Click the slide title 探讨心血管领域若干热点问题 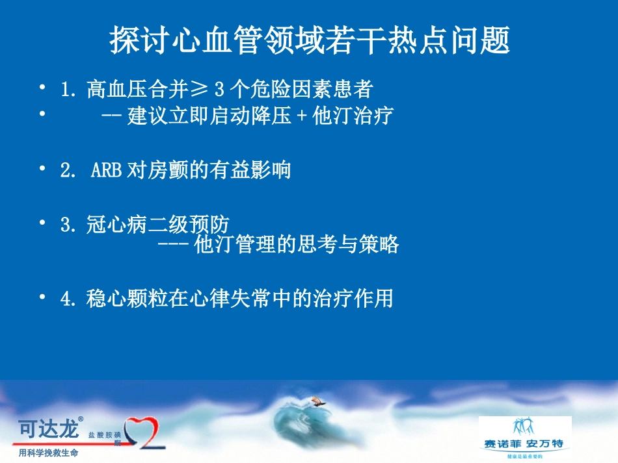point(310,40)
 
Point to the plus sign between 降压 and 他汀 point(302,117)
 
